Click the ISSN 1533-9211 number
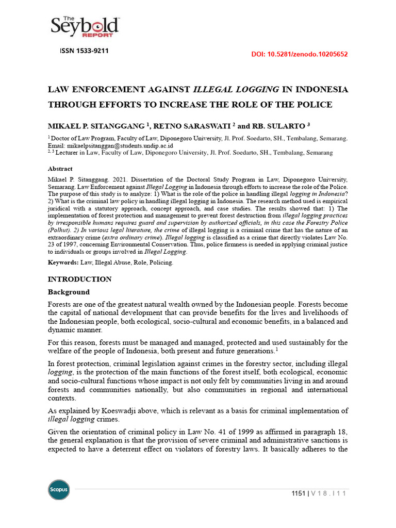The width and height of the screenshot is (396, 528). coord(85,51)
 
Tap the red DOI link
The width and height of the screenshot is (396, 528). coord(299,54)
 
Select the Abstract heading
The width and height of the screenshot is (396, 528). coord(60,169)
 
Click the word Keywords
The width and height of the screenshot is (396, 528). coord(62,262)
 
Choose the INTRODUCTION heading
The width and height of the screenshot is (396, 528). coord(79,279)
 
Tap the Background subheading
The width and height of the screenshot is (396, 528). coord(69,292)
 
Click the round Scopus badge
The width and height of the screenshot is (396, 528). coord(58,489)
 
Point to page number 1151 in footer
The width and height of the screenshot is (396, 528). coord(299,494)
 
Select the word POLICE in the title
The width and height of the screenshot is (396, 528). coord(311,104)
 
